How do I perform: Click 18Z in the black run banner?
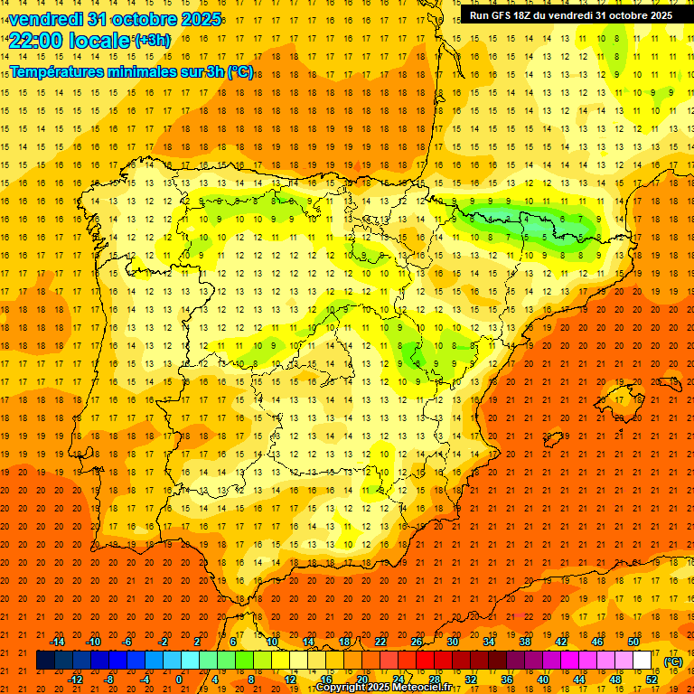click(527, 15)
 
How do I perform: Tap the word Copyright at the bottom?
click(341, 688)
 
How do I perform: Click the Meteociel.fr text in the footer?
click(419, 688)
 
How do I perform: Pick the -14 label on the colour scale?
click(57, 642)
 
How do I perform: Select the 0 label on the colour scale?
click(179, 680)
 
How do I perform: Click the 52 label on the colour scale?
click(652, 680)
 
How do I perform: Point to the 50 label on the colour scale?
click(633, 642)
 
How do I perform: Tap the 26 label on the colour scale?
click(417, 642)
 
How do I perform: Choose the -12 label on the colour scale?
click(75, 680)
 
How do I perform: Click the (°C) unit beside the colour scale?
click(672, 661)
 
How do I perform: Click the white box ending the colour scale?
click(642, 661)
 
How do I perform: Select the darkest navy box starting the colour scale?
click(46, 661)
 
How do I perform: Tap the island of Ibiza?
click(550, 440)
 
